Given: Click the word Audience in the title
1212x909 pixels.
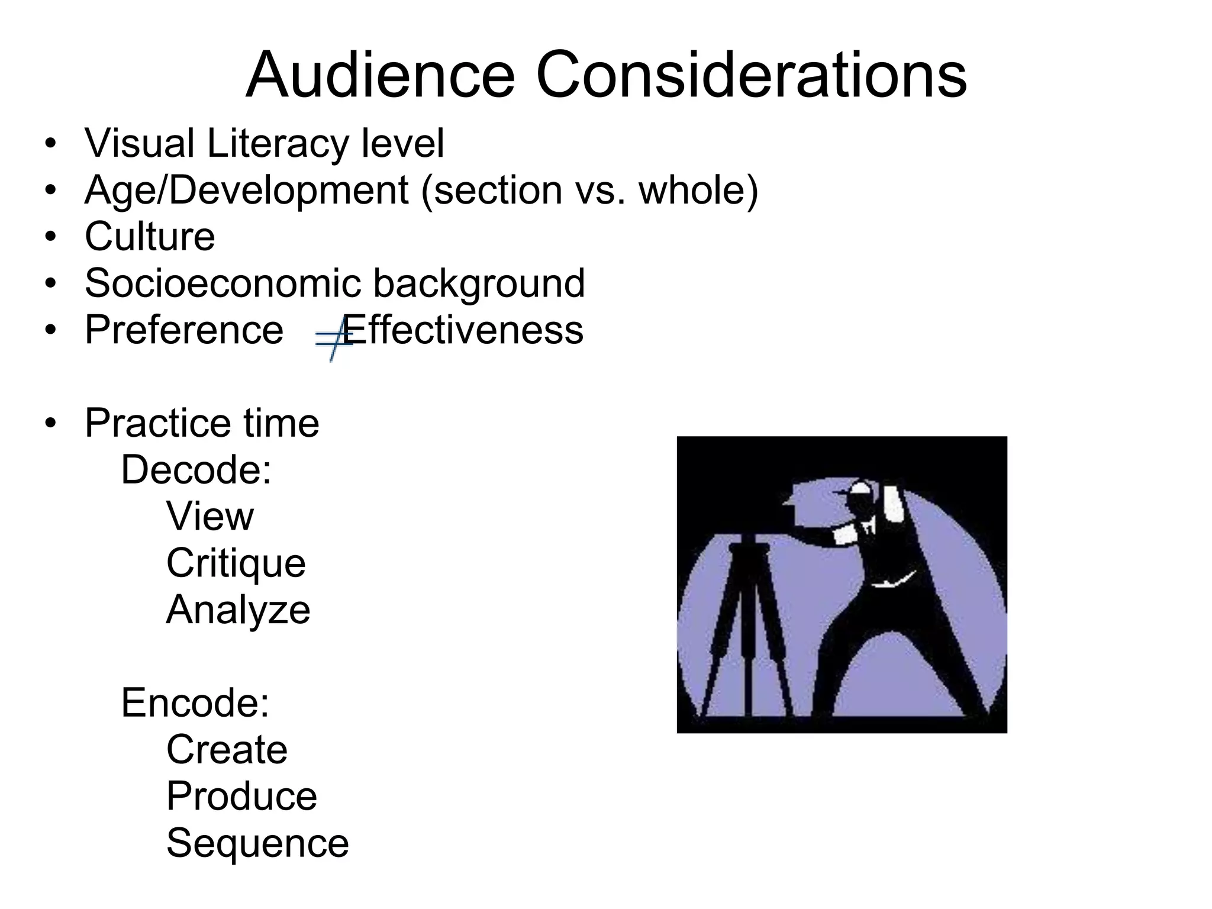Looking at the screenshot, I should (380, 76).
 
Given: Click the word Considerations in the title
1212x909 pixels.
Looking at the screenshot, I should (751, 76).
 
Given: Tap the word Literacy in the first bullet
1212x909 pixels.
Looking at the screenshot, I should (278, 144).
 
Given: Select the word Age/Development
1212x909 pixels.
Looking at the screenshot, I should (246, 191).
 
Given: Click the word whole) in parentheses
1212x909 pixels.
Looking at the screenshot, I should (698, 191).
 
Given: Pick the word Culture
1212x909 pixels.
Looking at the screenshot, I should (150, 237).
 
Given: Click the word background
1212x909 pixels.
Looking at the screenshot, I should (479, 283).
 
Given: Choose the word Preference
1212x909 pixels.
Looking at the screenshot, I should (184, 330).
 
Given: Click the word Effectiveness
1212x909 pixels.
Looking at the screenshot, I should (465, 330).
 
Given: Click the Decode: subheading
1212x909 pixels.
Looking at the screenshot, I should (196, 470).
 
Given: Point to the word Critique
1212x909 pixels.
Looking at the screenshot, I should (236, 563).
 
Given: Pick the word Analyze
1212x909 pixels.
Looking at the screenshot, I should (238, 610).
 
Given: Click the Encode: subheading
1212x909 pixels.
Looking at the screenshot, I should (195, 702).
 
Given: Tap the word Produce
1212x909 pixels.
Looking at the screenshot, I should (241, 796).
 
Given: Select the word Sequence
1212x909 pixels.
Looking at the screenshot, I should (257, 843).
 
